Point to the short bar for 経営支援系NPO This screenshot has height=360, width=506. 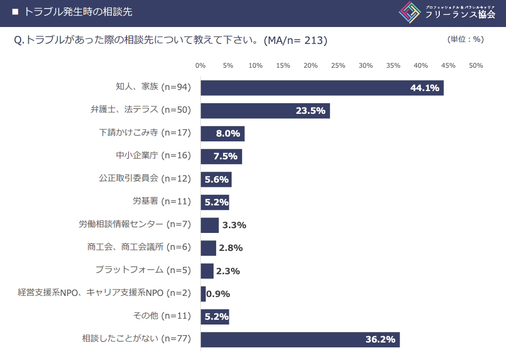pyautogui.click(x=203, y=294)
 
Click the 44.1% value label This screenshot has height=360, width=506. pyautogui.click(x=425, y=88)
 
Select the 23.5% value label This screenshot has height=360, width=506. pyautogui.click(x=310, y=111)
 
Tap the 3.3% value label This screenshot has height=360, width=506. pyautogui.click(x=234, y=225)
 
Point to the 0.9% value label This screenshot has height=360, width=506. pyautogui.click(x=218, y=294)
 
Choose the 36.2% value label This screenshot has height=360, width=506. pyautogui.click(x=380, y=339)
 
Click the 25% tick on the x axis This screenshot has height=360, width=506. pyautogui.click(x=338, y=66)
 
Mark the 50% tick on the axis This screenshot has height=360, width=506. pyautogui.click(x=476, y=66)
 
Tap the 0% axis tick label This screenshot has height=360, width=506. pyautogui.click(x=200, y=66)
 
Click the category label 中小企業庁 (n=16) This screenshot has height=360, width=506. pyautogui.click(x=153, y=156)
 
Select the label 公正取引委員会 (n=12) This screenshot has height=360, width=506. pyautogui.click(x=145, y=178)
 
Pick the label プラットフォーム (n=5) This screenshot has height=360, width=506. pyautogui.click(x=143, y=270)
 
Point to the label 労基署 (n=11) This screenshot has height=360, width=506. pyautogui.click(x=162, y=201)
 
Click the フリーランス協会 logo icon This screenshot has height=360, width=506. pyautogui.click(x=410, y=13)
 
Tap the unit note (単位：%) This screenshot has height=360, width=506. pyautogui.click(x=466, y=39)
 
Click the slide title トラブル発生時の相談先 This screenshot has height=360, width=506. pyautogui.click(x=78, y=12)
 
